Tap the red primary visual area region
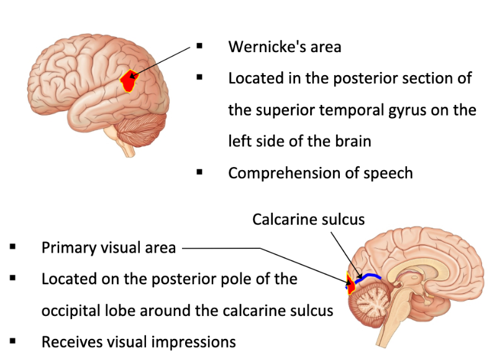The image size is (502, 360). pos(350,284)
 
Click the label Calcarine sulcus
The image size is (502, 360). pos(308,219)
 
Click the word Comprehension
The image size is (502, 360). pos(280,173)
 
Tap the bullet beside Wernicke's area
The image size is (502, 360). pos(199,46)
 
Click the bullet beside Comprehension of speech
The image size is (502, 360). pos(199,172)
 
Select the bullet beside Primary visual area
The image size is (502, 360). pos(13,247)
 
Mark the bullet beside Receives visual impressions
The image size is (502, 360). pos(13,341)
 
